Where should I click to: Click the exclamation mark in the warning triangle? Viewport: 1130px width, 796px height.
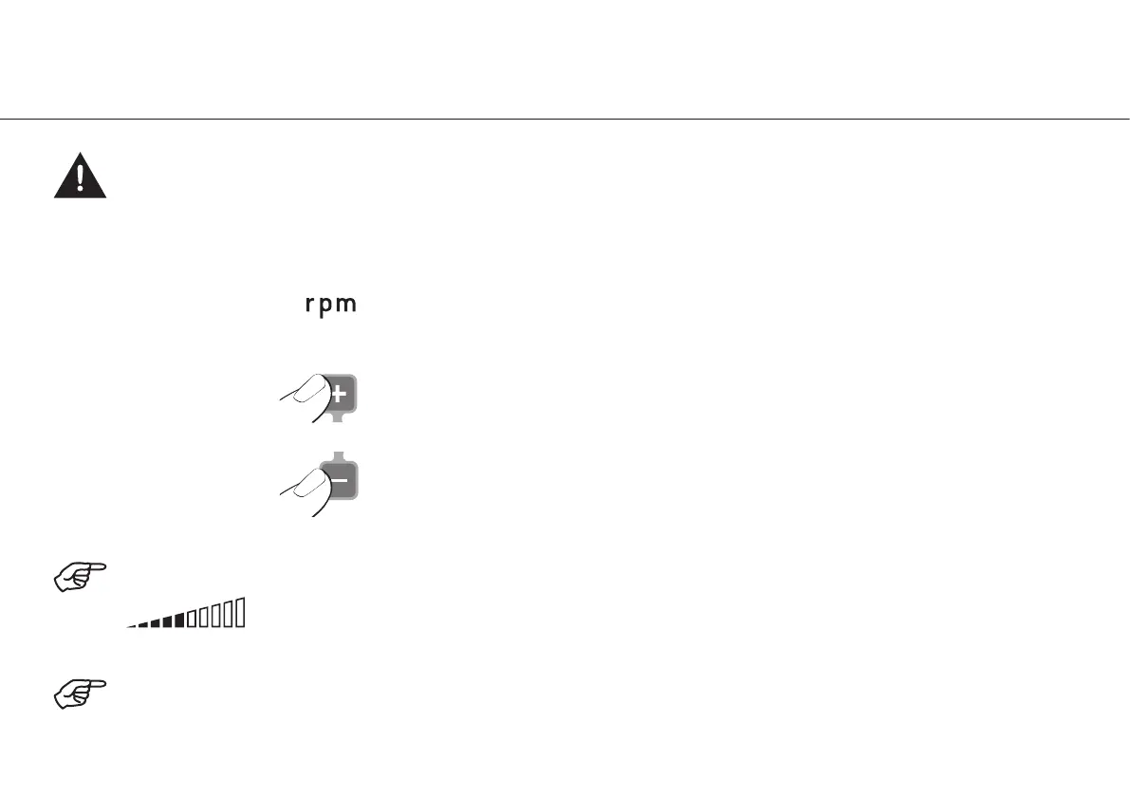pos(81,177)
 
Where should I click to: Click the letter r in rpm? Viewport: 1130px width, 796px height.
pos(309,305)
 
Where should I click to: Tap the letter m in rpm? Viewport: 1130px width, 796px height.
pos(347,305)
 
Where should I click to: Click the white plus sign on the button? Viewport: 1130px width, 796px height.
pos(338,394)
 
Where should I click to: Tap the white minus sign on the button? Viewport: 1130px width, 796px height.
pos(339,481)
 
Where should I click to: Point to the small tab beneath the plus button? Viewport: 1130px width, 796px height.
pos(338,417)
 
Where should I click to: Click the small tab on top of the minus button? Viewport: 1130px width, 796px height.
pos(338,457)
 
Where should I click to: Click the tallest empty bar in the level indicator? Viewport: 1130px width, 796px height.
pos(241,613)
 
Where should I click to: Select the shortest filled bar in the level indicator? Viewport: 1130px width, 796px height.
pos(132,625)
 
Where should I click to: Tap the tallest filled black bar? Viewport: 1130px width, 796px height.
pos(178,620)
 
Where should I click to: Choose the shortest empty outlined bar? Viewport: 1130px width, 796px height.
pos(192,619)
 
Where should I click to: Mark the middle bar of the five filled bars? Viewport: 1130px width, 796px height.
pos(155,623)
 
